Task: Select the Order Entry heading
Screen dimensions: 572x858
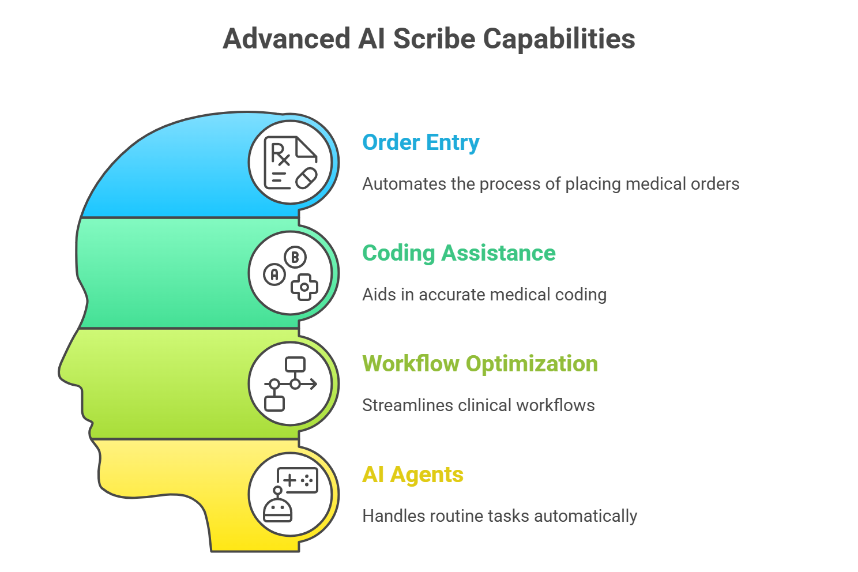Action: point(420,142)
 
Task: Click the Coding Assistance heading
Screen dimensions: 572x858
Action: point(458,253)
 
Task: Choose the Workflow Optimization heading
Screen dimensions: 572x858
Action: point(480,364)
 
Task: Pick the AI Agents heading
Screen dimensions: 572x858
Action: point(412,475)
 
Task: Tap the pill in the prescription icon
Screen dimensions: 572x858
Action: point(306,178)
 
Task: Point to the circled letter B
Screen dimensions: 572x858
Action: point(295,257)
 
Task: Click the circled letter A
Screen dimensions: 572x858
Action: point(274,274)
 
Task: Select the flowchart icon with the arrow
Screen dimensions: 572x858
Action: point(290,383)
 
